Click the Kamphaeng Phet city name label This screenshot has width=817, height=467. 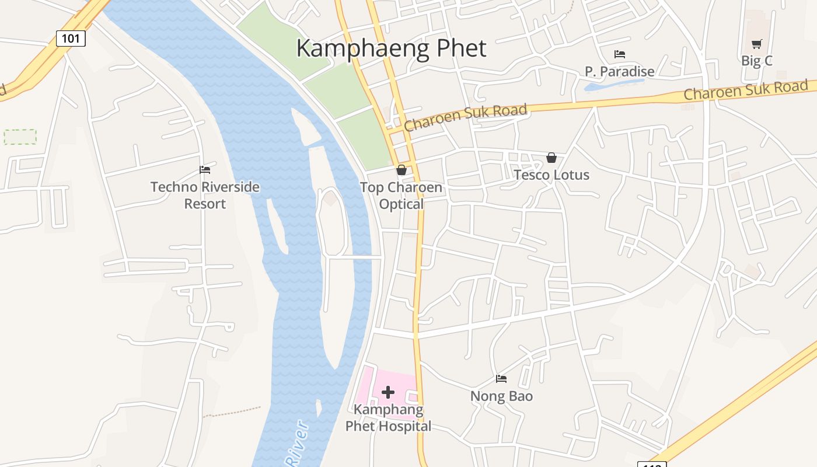tap(391, 48)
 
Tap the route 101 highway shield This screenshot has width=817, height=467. tap(71, 39)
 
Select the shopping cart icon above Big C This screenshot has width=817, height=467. tap(757, 44)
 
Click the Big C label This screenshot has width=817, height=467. tap(757, 60)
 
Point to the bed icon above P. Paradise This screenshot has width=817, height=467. tap(620, 54)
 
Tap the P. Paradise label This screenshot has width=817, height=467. tap(620, 71)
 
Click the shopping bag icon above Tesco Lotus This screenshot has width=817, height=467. tap(551, 158)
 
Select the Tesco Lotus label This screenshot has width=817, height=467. tap(551, 175)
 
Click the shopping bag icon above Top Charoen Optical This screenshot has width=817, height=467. tap(401, 170)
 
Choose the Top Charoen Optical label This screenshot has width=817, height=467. tap(401, 196)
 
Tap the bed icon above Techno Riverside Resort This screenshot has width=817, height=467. tap(205, 170)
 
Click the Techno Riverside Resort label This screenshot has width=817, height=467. tap(205, 195)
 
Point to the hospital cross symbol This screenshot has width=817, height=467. tap(388, 392)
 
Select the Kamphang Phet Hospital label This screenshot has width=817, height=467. tap(388, 418)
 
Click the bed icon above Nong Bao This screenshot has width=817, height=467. tap(501, 379)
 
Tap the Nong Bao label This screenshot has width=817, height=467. tap(501, 396)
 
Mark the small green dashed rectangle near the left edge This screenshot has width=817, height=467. tap(20, 137)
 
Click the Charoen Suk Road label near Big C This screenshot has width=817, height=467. tap(745, 90)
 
